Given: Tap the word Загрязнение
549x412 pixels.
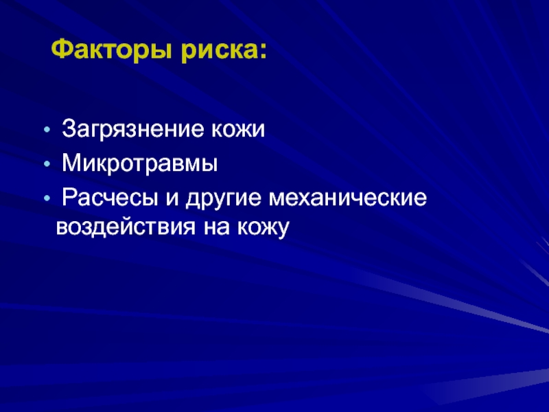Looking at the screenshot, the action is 132,130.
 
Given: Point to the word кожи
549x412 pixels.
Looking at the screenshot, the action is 237,129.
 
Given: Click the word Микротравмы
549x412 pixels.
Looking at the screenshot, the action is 140,163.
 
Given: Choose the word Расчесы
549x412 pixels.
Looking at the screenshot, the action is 110,198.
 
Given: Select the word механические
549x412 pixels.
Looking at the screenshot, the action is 348,198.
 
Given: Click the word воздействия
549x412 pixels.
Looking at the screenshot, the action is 126,227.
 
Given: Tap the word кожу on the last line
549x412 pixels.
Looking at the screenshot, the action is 264,228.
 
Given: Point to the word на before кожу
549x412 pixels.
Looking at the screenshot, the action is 216,227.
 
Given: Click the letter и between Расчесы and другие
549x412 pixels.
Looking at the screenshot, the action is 172,198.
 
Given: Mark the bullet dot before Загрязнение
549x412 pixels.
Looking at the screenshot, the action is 47,130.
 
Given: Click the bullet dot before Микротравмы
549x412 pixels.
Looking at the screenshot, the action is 47,164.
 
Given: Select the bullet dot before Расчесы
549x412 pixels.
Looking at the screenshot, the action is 47,198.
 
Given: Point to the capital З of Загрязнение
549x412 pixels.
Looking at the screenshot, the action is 69,128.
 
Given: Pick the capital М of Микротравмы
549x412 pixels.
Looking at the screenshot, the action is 71,163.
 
